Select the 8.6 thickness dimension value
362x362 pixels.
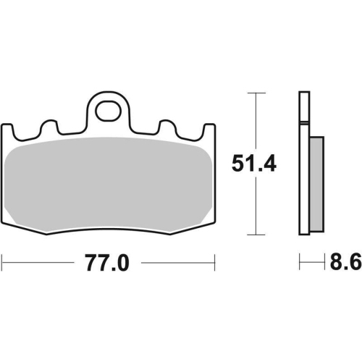tap(346, 264)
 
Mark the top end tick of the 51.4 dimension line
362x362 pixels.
tap(253, 93)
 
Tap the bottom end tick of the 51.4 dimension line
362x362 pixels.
tap(253, 235)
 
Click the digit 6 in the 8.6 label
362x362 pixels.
tap(354, 264)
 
